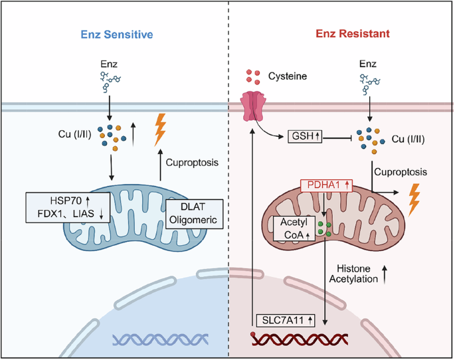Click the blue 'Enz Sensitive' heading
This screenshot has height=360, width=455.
[117, 35]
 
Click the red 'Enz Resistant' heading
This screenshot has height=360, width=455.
[353, 34]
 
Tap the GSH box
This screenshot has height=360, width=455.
[305, 136]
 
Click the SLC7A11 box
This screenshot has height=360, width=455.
[286, 320]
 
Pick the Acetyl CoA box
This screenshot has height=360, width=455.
[294, 228]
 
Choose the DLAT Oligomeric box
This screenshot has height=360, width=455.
[195, 214]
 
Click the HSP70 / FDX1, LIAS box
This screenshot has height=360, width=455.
[68, 207]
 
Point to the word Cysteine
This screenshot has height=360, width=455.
[288, 76]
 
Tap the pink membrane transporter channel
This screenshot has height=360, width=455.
[253, 106]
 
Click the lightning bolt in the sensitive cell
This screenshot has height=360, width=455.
[160, 130]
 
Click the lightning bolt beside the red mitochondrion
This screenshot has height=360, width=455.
[414, 199]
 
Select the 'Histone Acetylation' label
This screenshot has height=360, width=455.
[353, 274]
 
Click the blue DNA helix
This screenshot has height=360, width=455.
[161, 339]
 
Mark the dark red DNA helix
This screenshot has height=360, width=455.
[300, 339]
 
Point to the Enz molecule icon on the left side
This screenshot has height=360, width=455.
[110, 82]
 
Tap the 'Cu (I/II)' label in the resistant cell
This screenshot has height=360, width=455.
[409, 139]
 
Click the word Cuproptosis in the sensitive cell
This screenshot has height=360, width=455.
[192, 163]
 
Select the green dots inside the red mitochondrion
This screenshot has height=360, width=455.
[324, 228]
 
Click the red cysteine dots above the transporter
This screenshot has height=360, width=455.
[253, 77]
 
